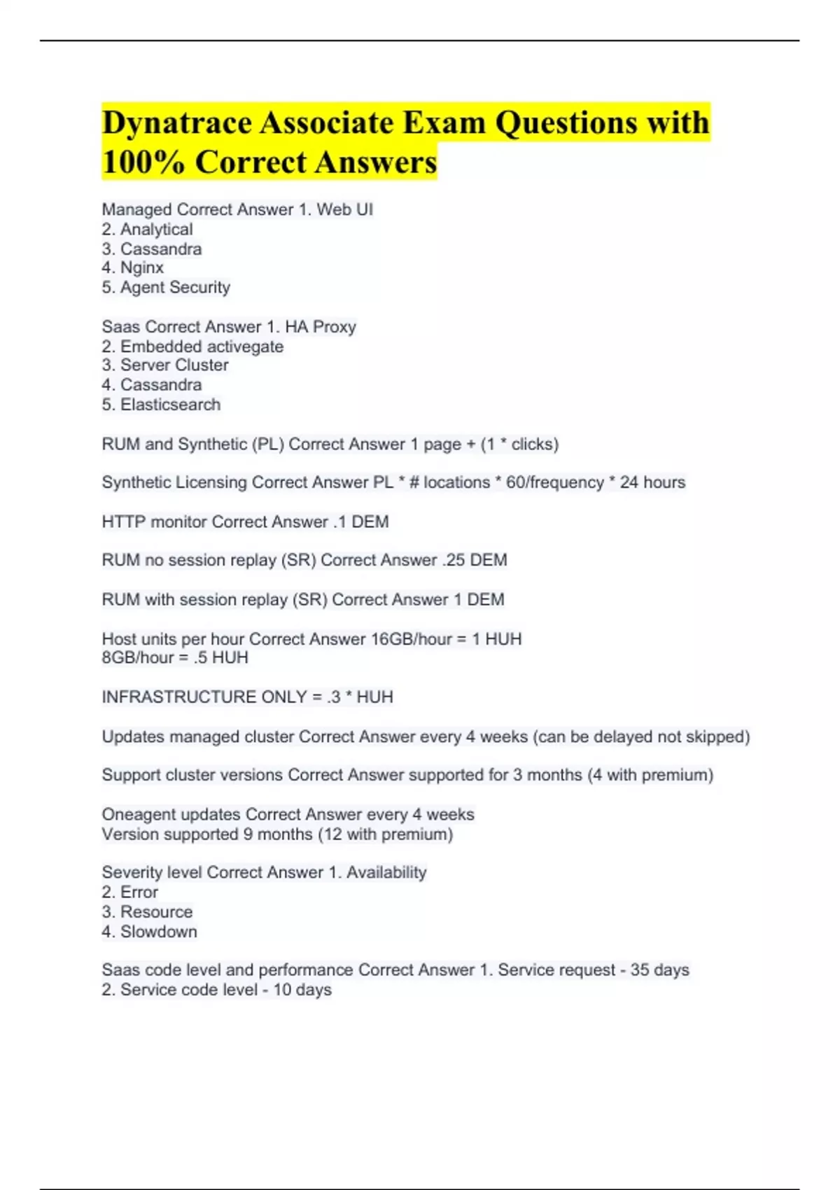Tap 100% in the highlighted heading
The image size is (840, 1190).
(x=143, y=162)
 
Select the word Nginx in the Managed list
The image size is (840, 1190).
(x=142, y=267)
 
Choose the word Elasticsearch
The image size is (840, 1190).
(x=170, y=405)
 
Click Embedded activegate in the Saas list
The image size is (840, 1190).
(x=202, y=346)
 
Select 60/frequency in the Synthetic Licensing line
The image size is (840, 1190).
(x=554, y=482)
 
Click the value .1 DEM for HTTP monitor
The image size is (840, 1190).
(x=360, y=521)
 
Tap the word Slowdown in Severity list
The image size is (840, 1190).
(x=159, y=932)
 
